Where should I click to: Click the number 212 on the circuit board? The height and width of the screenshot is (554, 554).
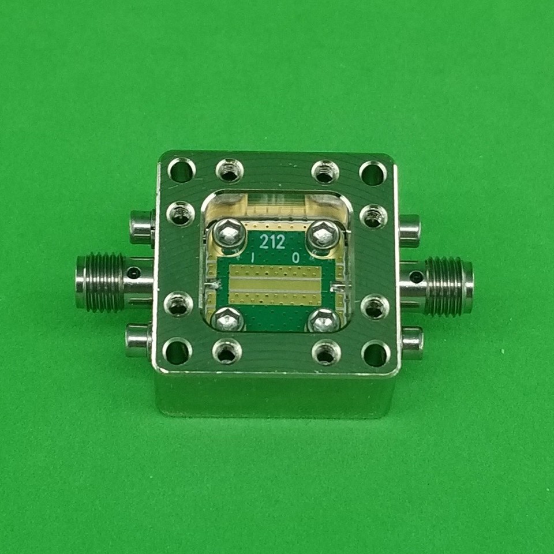[x=272, y=241]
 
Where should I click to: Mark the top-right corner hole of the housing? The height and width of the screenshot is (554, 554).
[x=373, y=173]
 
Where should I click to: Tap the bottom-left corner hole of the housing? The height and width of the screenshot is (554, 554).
[x=178, y=351]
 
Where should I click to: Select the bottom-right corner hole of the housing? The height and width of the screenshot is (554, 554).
[x=375, y=353]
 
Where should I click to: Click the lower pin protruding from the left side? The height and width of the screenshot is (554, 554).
[x=138, y=340]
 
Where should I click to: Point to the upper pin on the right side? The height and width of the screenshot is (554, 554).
[x=409, y=230]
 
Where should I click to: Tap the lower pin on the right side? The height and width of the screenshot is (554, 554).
[x=412, y=342]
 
